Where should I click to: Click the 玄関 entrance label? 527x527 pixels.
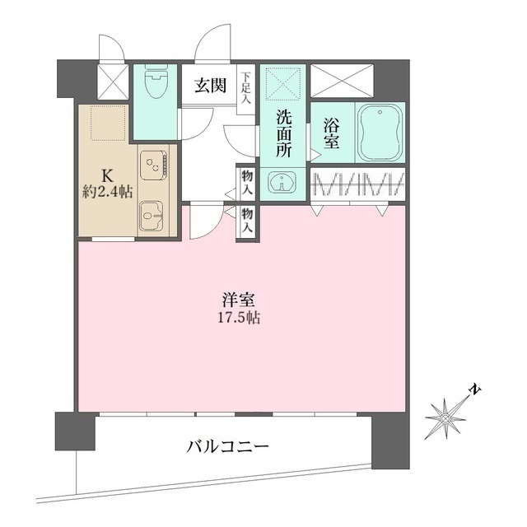tap(209, 85)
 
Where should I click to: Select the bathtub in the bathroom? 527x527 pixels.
tap(380, 131)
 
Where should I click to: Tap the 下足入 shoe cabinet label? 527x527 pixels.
tap(246, 89)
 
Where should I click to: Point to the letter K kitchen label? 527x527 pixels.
tap(106, 175)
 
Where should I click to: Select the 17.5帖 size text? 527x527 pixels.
tap(240, 318)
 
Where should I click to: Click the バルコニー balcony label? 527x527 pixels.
tap(227, 448)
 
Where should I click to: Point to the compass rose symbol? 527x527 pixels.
tap(446, 417)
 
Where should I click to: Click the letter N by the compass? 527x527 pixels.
tap(474, 389)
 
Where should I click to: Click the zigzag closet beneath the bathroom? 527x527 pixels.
tap(357, 184)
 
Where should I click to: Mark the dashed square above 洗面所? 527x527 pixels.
tap(283, 84)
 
